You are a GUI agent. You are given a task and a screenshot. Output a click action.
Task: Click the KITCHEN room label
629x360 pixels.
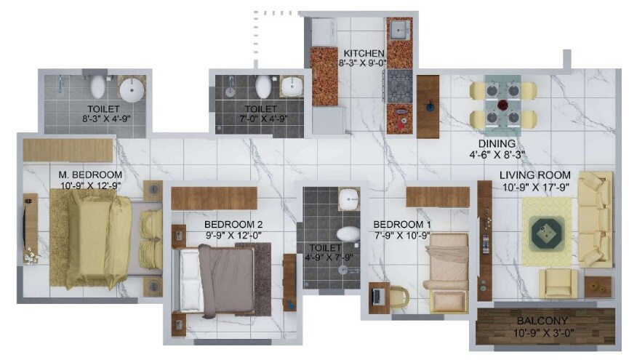364,54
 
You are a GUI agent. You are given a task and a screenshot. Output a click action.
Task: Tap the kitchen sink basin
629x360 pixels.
398,31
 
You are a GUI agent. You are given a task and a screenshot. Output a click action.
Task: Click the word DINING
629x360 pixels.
497,144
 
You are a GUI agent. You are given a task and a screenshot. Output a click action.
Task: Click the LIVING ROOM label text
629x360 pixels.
534,175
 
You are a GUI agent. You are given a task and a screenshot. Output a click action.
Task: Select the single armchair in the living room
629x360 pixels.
558,283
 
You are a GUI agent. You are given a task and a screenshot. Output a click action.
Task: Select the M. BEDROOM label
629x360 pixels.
91,175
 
